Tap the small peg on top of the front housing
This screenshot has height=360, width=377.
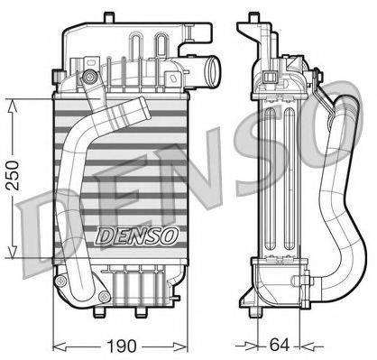108,15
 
